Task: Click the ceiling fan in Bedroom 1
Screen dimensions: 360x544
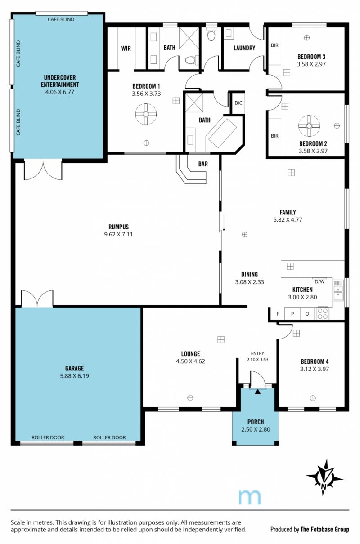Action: (x=146, y=114)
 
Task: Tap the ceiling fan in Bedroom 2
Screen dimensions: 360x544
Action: (x=309, y=125)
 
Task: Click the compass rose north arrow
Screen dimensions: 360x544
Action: (x=324, y=479)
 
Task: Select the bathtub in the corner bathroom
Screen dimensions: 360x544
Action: (x=223, y=133)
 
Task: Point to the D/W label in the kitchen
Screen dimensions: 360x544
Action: (x=319, y=282)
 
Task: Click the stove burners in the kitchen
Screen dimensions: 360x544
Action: (x=323, y=313)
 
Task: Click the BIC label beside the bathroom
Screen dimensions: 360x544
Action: (x=238, y=103)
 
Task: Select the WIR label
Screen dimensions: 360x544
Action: (x=126, y=48)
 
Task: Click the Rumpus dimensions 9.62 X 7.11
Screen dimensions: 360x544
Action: (x=118, y=234)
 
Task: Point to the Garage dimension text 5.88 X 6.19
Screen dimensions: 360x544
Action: (x=74, y=376)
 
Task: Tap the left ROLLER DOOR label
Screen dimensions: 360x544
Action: (x=48, y=437)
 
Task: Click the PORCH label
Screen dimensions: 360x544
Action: (x=256, y=422)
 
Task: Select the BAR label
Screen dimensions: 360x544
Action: (x=203, y=164)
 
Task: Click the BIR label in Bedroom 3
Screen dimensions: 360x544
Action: (x=274, y=45)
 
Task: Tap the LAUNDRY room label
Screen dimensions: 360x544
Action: (x=244, y=48)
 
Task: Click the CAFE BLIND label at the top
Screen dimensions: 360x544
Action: (x=61, y=19)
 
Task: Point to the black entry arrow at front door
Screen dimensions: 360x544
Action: (x=258, y=391)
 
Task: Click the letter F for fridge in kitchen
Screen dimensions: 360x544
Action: (x=278, y=314)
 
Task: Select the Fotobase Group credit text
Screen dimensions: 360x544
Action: (x=325, y=529)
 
